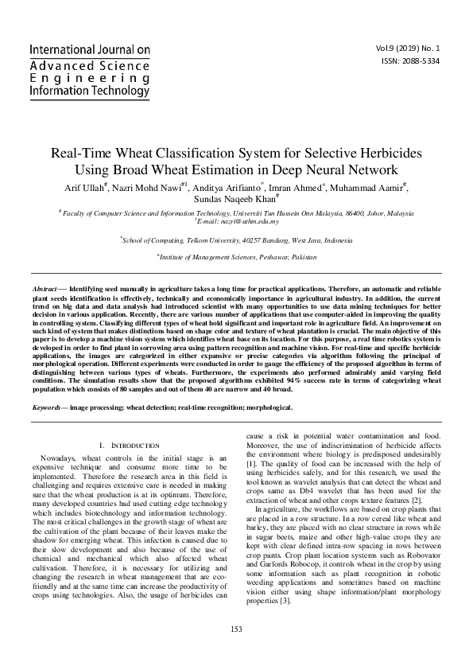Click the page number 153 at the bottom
pos(236,652)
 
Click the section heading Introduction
pos(132,445)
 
